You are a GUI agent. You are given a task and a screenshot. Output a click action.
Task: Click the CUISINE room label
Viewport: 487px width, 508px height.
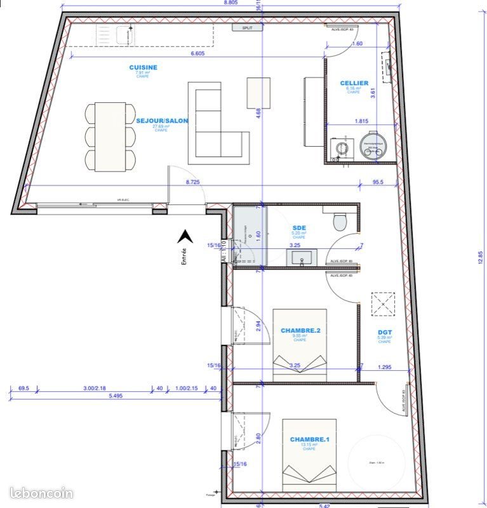143,67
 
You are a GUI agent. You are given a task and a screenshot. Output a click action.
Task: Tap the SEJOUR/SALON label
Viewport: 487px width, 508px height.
162,120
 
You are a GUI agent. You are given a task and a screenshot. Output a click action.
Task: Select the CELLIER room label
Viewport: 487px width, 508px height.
354,83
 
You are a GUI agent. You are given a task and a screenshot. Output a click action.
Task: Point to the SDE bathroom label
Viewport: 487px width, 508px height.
299,227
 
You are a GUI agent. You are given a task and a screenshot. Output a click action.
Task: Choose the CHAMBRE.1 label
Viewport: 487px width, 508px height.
309,439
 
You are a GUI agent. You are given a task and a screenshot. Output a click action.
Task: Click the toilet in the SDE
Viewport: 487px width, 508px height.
340,220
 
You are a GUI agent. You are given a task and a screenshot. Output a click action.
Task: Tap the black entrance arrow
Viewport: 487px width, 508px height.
185,237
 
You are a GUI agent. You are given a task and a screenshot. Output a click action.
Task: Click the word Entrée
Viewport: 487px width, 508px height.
183,255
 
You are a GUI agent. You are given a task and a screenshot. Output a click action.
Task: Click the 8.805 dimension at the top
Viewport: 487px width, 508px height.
230,3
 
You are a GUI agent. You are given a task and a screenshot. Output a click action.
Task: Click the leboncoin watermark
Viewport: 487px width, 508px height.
42,493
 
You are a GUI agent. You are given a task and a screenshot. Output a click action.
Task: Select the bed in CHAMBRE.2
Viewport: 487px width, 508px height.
299,345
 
